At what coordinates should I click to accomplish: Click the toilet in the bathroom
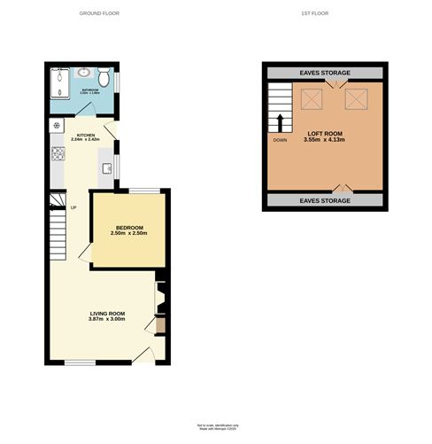pyautogui.click(x=104, y=78)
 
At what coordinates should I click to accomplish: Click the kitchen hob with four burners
pyautogui.click(x=58, y=154)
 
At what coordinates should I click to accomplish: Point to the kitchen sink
pyautogui.click(x=107, y=167)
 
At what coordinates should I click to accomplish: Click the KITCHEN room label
pyautogui.click(x=86, y=134)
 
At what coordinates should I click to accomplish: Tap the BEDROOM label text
pyautogui.click(x=129, y=227)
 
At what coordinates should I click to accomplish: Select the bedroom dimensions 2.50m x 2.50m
pyautogui.click(x=129, y=233)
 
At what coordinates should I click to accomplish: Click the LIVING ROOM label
pyautogui.click(x=107, y=313)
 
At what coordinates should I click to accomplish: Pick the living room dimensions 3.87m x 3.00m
pyautogui.click(x=107, y=319)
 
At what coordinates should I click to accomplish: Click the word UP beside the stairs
pyautogui.click(x=73, y=208)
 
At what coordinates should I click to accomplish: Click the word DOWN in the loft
pyautogui.click(x=280, y=140)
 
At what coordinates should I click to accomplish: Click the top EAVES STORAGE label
pyautogui.click(x=325, y=73)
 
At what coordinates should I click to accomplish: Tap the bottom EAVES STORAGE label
pyautogui.click(x=325, y=201)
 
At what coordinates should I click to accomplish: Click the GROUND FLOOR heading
pyautogui.click(x=99, y=14)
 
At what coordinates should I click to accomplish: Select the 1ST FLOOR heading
pyautogui.click(x=324, y=14)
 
